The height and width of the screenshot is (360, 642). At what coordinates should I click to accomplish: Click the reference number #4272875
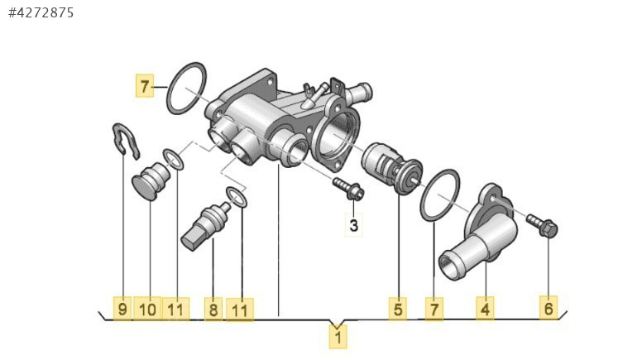point(41,12)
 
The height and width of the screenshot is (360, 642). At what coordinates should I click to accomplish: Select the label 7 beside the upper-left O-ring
point(145,86)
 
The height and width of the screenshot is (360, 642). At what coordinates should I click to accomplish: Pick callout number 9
point(122,309)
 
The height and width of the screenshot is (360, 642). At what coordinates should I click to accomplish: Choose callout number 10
point(148,309)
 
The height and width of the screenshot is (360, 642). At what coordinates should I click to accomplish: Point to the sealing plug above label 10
point(151,181)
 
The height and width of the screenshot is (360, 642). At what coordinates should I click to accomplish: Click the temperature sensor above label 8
point(206,223)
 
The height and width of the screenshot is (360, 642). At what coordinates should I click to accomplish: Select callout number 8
point(213,310)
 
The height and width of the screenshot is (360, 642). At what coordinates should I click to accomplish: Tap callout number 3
point(354,225)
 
